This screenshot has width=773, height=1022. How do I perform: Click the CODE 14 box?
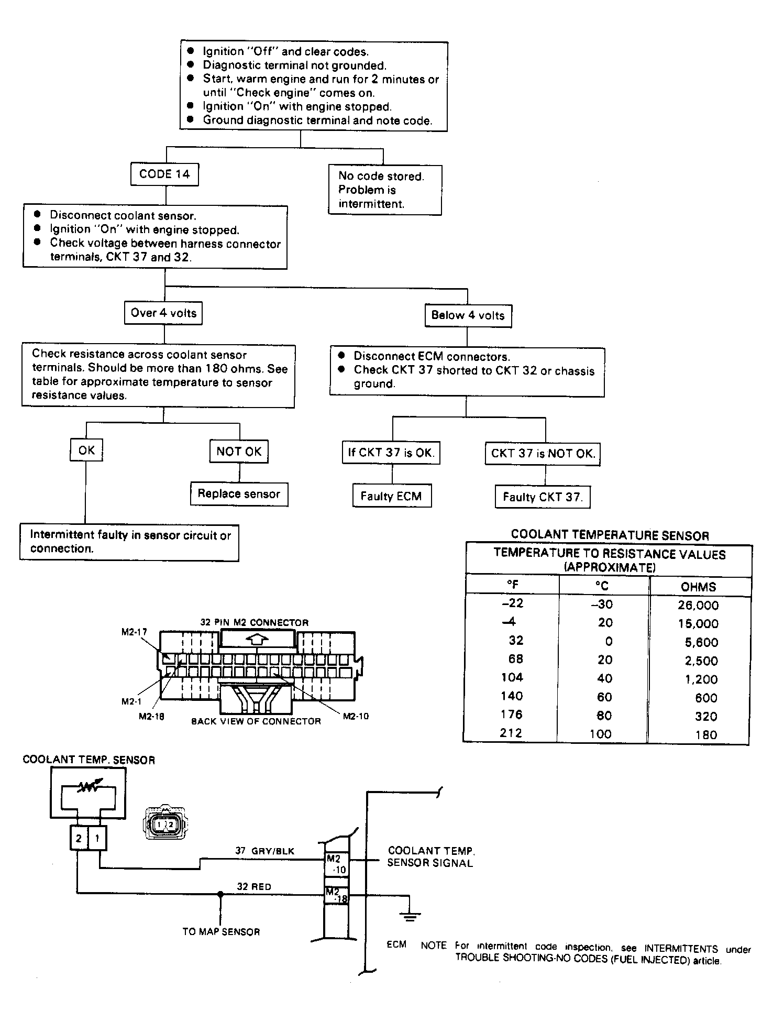pos(164,174)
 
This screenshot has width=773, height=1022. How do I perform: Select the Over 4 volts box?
pos(163,313)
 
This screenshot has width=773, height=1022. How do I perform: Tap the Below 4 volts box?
pos(468,315)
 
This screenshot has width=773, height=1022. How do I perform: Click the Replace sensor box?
pos(239,494)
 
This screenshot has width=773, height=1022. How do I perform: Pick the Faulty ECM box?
pos(392,496)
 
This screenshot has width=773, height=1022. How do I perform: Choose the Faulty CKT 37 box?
pos(543,497)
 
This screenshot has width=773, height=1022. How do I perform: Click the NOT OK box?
pos(239,452)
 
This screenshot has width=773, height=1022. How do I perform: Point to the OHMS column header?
pos(699,587)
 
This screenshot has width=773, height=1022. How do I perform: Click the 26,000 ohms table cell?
pos(698,606)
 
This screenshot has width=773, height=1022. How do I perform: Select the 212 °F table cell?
pos(511,733)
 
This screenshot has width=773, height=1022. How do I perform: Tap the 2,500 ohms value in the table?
pos(701,661)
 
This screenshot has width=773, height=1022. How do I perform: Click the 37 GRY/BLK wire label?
pos(264,851)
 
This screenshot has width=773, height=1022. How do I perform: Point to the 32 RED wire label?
pos(254,887)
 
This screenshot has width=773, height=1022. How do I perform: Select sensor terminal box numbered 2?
pos(79,838)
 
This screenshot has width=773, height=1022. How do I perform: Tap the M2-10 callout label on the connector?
pos(356,716)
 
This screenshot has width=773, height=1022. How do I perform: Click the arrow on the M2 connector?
pos(257,639)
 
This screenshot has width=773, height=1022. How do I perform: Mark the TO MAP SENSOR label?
pos(221,932)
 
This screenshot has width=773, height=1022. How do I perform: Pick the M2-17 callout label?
pos(135,632)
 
